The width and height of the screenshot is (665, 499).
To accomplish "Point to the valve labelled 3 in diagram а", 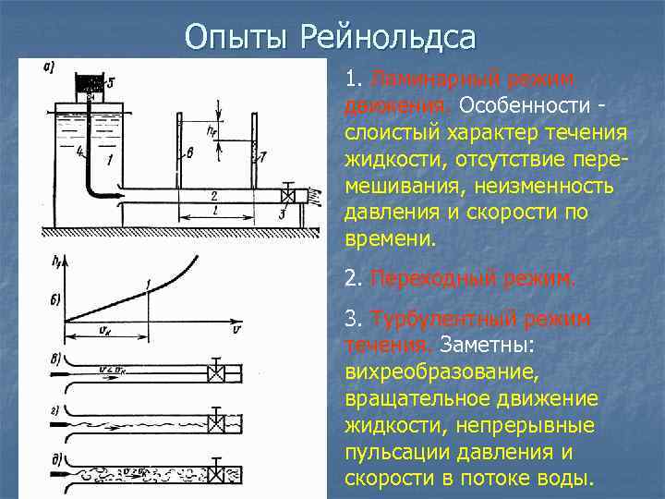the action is pos(289,197).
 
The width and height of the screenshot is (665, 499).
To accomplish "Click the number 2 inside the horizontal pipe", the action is pos(214,196).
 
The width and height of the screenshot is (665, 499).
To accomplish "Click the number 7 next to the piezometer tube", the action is pos(262,158).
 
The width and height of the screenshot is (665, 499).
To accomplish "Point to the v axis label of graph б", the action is pos(237,330).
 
